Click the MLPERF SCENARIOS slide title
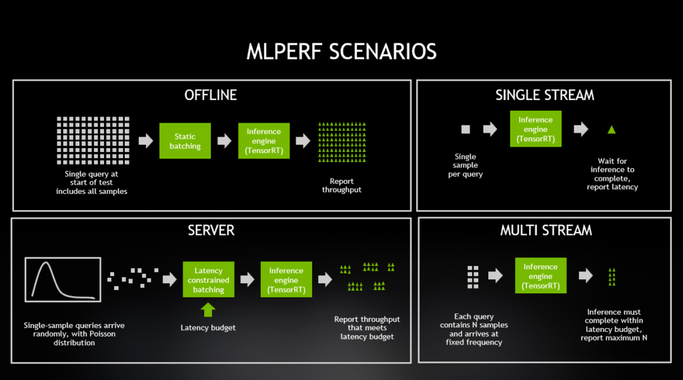tap(341, 51)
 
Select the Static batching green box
tap(185, 141)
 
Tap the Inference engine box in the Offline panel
tap(264, 141)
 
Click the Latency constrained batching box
tap(208, 279)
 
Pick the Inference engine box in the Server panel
tap(286, 279)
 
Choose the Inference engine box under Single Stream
tap(536, 129)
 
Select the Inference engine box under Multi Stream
tap(540, 275)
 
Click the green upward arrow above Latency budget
tap(208, 310)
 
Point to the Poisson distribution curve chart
tap(63, 279)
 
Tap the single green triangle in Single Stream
tap(612, 129)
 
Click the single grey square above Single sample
tap(466, 129)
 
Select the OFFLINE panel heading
tap(210, 95)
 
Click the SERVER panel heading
tap(211, 230)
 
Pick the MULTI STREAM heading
tap(546, 230)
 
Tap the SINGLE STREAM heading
tap(544, 95)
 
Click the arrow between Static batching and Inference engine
tap(224, 141)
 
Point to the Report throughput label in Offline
tap(341, 185)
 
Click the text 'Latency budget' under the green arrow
tap(208, 328)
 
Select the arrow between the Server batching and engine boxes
tap(247, 279)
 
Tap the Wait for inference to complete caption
tap(612, 174)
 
